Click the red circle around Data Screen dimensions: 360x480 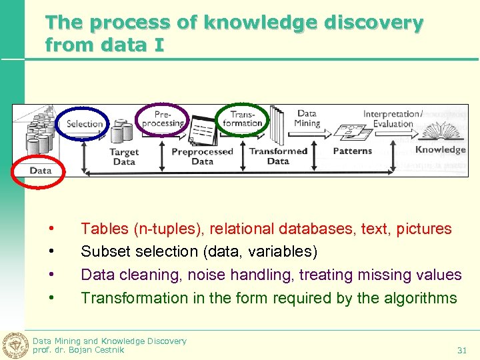pyautogui.click(x=40, y=170)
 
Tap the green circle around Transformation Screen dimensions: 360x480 pyautogui.click(x=242, y=119)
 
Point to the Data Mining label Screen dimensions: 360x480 pyautogui.click(x=307, y=118)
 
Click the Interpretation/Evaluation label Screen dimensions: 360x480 pyautogui.click(x=393, y=119)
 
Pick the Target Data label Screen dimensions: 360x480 pyautogui.click(x=124, y=157)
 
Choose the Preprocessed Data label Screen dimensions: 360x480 pyautogui.click(x=202, y=156)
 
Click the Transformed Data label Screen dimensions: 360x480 pyautogui.click(x=278, y=156)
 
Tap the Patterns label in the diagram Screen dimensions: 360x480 pyautogui.click(x=352, y=151)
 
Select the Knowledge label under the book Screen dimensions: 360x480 pyautogui.click(x=440, y=149)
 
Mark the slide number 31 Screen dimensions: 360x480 pyautogui.click(x=461, y=350)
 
